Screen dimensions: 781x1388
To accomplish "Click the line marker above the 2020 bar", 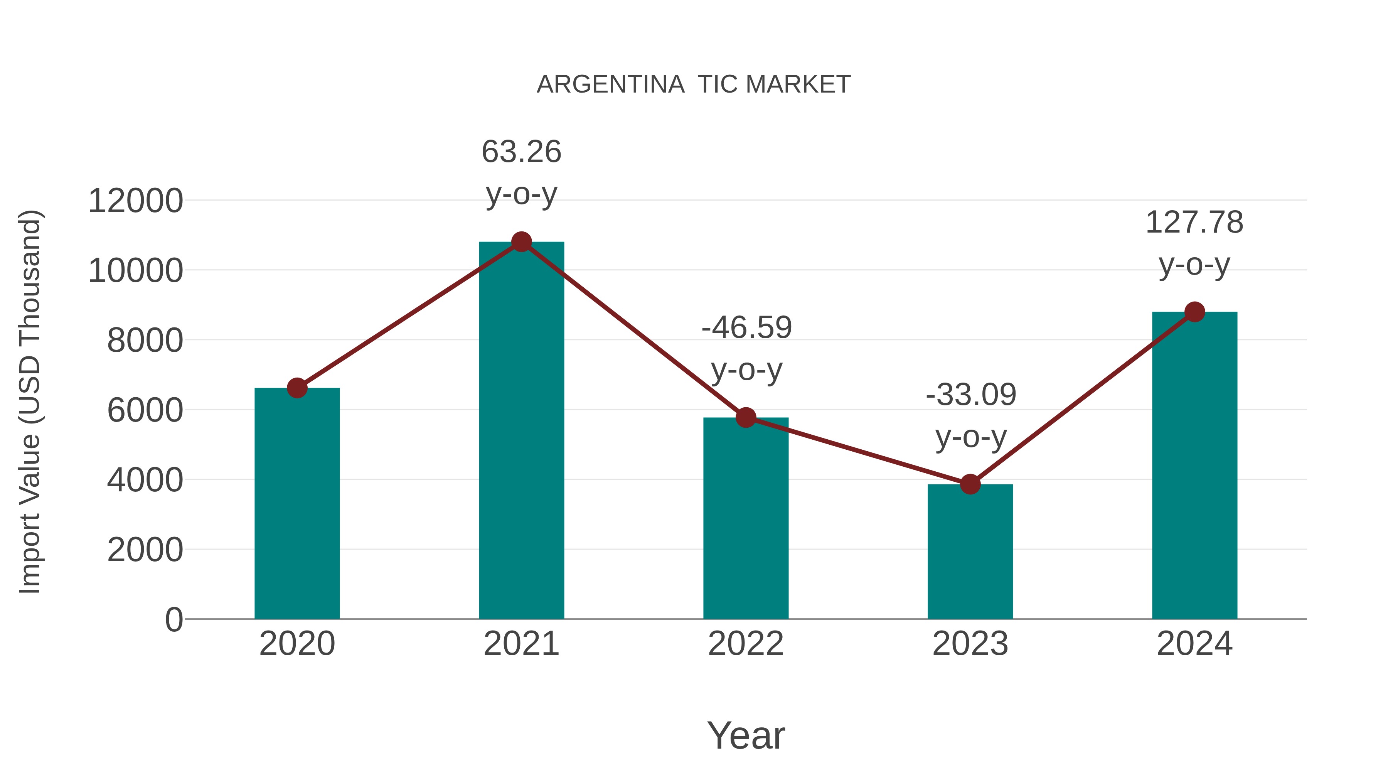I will point(297,388).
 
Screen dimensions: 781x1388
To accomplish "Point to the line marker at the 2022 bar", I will point(746,417).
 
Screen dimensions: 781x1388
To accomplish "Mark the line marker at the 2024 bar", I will point(1194,312).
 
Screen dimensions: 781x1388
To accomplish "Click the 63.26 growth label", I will point(521,152).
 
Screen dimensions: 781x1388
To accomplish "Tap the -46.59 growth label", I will point(746,328).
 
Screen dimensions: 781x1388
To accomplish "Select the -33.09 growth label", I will point(970,395).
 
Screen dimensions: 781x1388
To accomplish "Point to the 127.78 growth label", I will point(1194,222).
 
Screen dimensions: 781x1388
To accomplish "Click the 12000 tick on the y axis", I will point(135,201).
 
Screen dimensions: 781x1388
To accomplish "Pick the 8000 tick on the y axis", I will point(145,341).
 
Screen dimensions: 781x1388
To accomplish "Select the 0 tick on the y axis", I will point(173,619).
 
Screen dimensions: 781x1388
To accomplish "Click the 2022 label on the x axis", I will point(746,644).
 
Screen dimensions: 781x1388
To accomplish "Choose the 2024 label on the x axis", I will point(1194,644).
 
